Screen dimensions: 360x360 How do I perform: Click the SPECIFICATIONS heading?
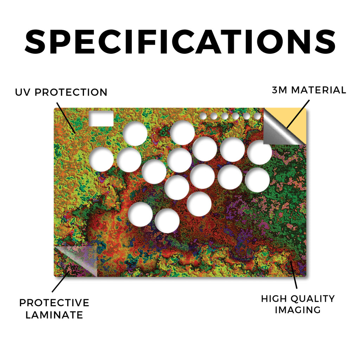click(x=180, y=42)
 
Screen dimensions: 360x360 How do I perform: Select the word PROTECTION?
click(x=71, y=92)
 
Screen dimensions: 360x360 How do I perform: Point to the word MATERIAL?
click(x=319, y=90)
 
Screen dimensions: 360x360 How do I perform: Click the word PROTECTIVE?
click(x=54, y=303)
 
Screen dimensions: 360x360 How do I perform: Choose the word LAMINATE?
click(x=54, y=315)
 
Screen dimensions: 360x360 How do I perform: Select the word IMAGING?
click(x=298, y=310)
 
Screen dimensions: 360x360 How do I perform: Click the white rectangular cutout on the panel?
click(x=101, y=119)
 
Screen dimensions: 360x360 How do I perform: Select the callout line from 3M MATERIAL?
click(x=298, y=114)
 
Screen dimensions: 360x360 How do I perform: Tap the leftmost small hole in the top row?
click(x=203, y=116)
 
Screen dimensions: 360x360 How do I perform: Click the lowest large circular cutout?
click(x=167, y=220)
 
